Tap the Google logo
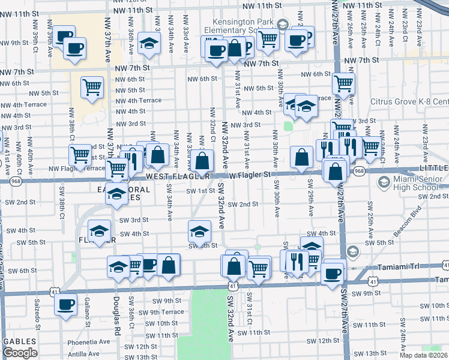[x=20, y=353]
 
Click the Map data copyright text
[x=422, y=355]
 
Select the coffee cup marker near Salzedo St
[x=65, y=303]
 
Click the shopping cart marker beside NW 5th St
[x=92, y=87]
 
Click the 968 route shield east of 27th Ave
[x=359, y=171]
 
